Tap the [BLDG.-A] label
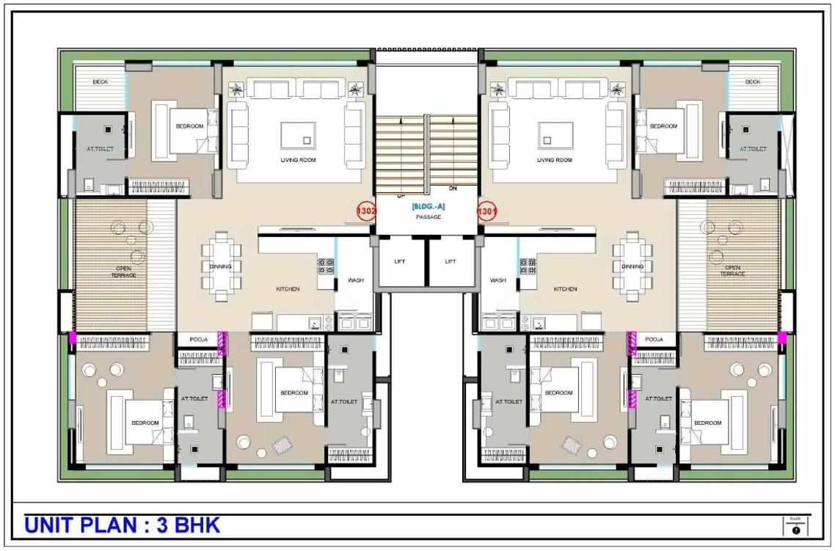click(428, 207)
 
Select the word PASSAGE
click(428, 217)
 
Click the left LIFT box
click(400, 261)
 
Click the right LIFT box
click(451, 261)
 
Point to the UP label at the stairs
click(401, 196)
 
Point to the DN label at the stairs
click(453, 189)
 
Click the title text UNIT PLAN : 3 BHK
click(123, 525)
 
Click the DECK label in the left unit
click(101, 82)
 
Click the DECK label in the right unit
click(753, 82)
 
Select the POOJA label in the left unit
click(199, 340)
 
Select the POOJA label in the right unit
click(654, 340)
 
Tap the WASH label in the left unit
click(356, 280)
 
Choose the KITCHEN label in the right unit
click(565, 289)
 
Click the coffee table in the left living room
click(298, 136)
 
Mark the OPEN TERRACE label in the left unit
click(124, 271)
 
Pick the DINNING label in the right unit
click(632, 266)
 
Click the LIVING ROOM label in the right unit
click(555, 160)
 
